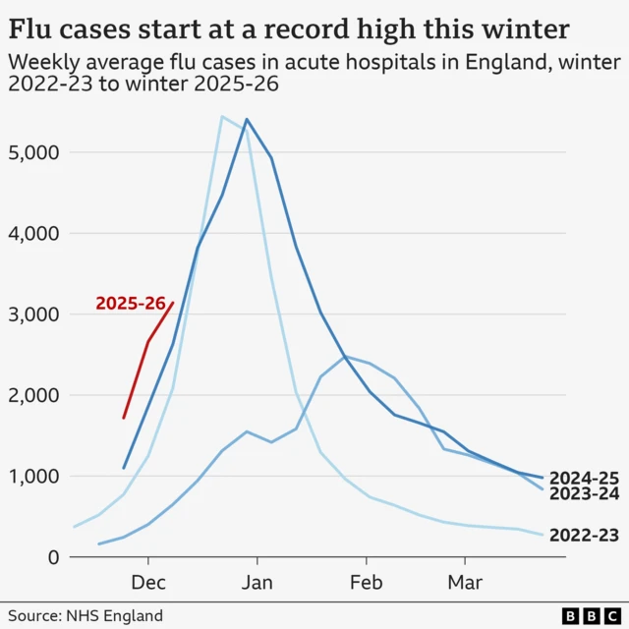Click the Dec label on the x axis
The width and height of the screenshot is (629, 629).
point(148,583)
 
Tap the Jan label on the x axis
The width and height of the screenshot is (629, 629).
point(257,583)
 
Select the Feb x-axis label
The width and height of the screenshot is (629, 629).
point(366,583)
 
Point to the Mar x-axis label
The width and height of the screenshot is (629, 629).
point(464,583)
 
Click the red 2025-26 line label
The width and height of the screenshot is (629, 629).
point(130,304)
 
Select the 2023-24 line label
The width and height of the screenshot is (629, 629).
point(584,493)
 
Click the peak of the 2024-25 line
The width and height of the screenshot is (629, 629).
point(246,119)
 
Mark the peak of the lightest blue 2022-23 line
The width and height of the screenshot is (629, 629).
point(222,116)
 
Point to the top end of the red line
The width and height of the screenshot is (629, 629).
point(173,303)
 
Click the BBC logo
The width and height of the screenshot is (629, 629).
point(588,615)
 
